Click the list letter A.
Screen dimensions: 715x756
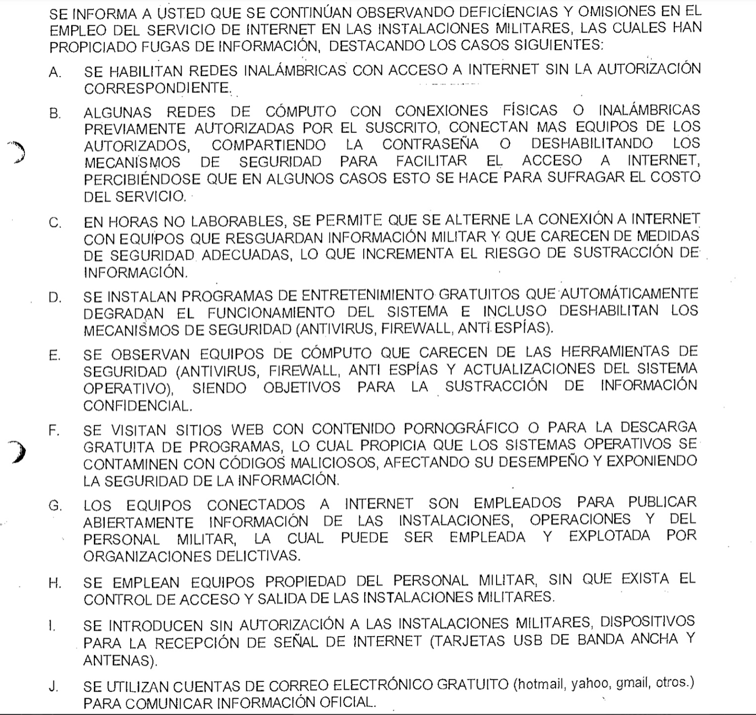click(54, 73)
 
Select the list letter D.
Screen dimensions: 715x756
click(54, 297)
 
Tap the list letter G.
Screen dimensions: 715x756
click(55, 505)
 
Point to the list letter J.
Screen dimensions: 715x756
click(53, 686)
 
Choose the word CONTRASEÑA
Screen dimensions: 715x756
click(430, 145)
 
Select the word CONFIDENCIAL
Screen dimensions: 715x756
click(137, 405)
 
